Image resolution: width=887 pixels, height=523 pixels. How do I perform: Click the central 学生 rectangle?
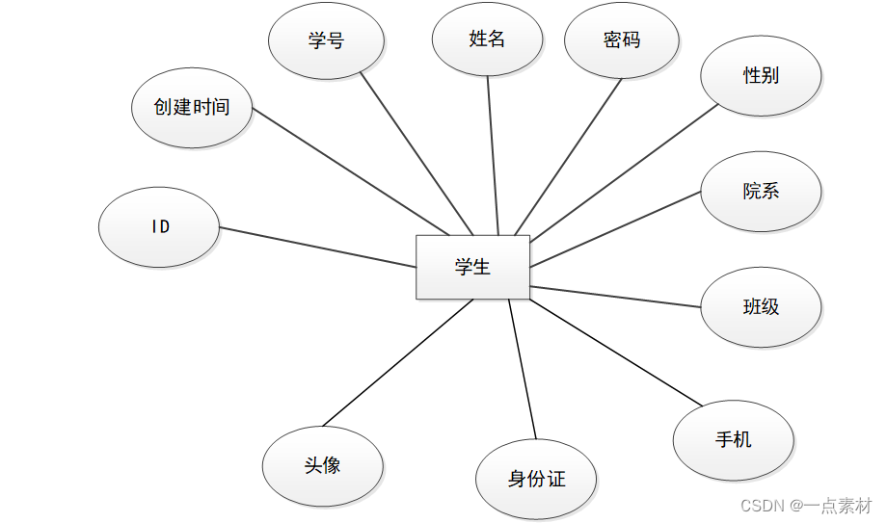click(x=472, y=267)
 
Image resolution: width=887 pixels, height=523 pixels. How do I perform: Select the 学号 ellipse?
click(x=326, y=40)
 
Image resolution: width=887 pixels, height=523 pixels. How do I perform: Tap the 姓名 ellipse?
click(x=487, y=39)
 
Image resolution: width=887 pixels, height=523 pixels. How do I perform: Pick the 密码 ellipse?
click(x=622, y=40)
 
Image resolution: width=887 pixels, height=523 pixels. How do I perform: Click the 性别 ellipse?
click(x=761, y=75)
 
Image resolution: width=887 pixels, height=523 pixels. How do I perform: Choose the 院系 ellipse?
click(x=761, y=191)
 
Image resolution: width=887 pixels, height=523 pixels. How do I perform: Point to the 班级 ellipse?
click(x=761, y=307)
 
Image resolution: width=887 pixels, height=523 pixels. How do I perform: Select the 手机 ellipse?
click(x=733, y=439)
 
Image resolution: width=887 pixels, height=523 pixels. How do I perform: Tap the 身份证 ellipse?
click(x=536, y=479)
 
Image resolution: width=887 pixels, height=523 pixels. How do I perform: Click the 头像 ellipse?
click(x=322, y=466)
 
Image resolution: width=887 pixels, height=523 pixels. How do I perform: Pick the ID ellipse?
click(x=160, y=227)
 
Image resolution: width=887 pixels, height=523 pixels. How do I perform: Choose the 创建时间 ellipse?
click(x=192, y=107)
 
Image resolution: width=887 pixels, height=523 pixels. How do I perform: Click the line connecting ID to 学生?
click(x=318, y=248)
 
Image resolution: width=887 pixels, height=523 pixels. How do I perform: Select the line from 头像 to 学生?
click(x=397, y=363)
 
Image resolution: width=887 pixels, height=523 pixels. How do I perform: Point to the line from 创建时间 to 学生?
click(x=349, y=170)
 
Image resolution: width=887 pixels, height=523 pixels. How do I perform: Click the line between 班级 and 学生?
click(x=615, y=297)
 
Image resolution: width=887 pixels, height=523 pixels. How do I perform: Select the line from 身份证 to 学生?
click(x=522, y=371)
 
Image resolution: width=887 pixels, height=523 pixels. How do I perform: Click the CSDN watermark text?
click(x=806, y=505)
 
